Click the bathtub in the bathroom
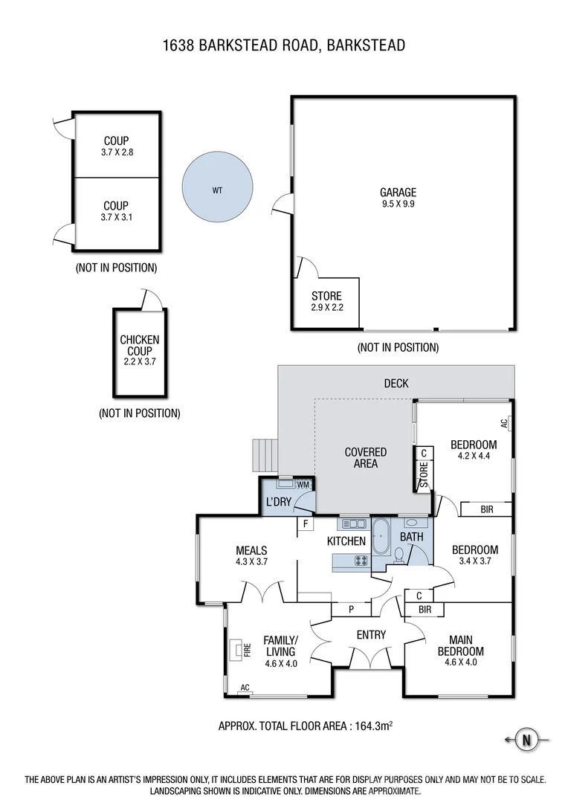(381, 537)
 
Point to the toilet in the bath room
(399, 555)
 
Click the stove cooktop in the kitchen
(361, 561)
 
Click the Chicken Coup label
(140, 345)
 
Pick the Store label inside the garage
(326, 296)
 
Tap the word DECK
(396, 384)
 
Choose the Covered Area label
(365, 457)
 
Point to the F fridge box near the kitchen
(305, 524)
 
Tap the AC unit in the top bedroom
(504, 423)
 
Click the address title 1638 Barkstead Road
(284, 46)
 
